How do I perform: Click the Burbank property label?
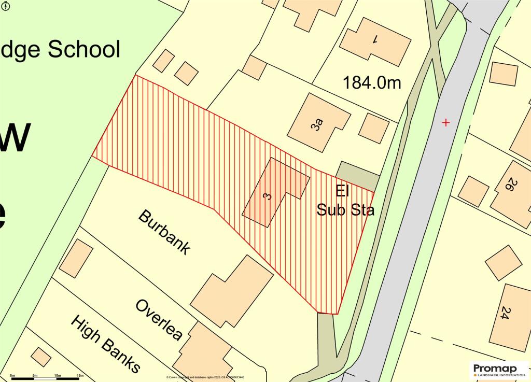coord(164,232)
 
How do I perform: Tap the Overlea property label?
coord(159,319)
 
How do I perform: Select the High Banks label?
coord(105,344)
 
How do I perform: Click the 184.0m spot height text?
coord(372,82)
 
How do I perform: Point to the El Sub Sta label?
coord(345,201)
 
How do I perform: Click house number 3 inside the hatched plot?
coord(267,196)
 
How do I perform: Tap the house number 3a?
coord(318,125)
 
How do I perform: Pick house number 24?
coord(504,313)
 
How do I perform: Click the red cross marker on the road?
coord(445,122)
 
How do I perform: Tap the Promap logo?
coord(498,369)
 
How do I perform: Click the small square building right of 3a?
coord(373,128)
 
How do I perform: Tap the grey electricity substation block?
coord(358,175)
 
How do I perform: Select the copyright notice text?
coord(205,377)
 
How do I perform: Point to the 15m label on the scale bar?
coord(79,375)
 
